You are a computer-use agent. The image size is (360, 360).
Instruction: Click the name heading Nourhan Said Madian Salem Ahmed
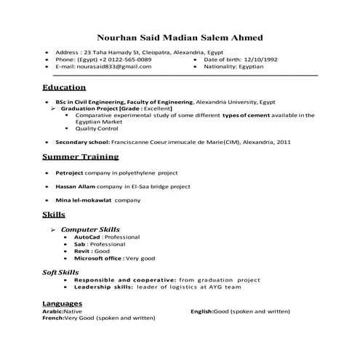(x=180, y=38)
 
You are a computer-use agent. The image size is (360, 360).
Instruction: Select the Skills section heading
(x=54, y=215)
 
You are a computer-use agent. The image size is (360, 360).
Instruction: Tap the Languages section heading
(x=62, y=303)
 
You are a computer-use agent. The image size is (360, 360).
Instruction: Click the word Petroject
(x=71, y=174)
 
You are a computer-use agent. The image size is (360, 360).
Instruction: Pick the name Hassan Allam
(x=75, y=187)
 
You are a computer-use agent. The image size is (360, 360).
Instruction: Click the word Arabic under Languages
(x=52, y=311)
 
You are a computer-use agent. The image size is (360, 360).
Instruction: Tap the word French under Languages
(x=53, y=318)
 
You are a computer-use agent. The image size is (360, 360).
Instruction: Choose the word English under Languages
(x=201, y=311)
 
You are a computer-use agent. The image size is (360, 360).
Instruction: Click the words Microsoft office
(x=98, y=258)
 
